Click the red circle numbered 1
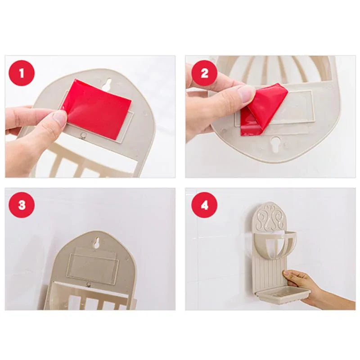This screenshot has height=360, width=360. (x=22, y=72)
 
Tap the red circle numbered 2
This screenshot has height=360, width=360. (x=204, y=73)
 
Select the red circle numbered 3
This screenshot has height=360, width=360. (x=22, y=205)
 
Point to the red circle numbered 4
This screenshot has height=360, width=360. (x=204, y=205)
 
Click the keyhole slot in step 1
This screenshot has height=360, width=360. (x=108, y=84)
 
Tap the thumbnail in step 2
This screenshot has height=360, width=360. (x=246, y=94)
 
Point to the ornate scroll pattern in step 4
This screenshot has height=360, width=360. (x=269, y=220)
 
